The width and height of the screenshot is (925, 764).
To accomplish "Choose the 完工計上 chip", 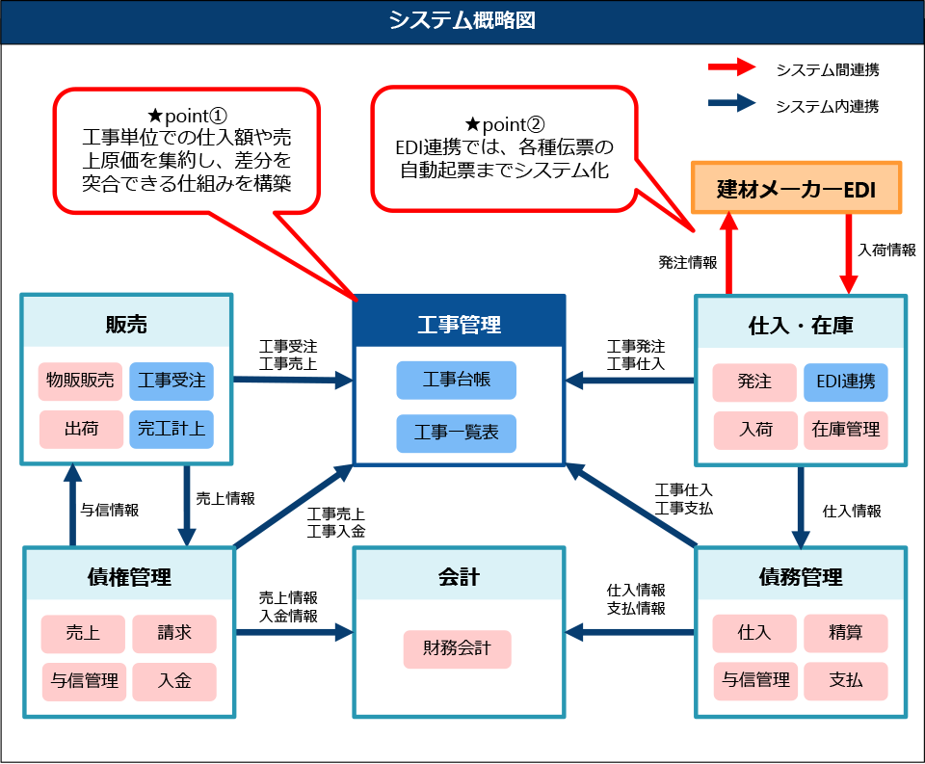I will [172, 429].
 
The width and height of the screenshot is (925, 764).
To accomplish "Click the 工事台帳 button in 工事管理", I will [456, 380].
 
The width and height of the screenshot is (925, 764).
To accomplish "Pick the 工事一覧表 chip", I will [456, 434].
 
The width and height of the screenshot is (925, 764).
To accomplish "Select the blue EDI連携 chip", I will [845, 382].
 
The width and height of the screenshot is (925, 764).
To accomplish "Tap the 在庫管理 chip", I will [845, 430].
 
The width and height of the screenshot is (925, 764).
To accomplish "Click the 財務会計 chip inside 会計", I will [456, 648].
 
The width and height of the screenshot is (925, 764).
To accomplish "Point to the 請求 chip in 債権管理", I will [174, 633].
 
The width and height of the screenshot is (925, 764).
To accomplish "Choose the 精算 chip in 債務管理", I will [845, 633].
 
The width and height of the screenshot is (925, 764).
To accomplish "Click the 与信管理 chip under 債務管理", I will [755, 681].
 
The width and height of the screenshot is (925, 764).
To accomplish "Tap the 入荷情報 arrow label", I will [886, 249].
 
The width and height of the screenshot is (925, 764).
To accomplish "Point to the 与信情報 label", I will [109, 510].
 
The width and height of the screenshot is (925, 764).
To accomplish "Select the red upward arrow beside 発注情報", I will [729, 252].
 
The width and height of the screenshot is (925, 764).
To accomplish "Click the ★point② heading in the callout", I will [504, 123].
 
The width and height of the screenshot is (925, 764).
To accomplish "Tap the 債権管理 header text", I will [129, 577].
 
